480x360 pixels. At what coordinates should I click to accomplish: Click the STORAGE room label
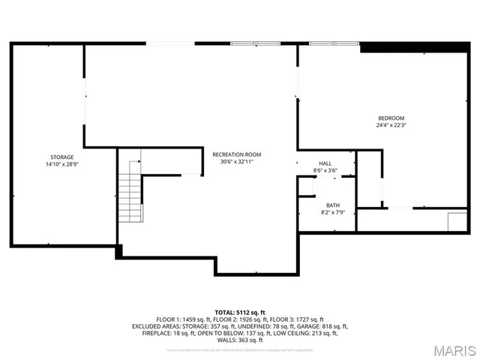point(62,157)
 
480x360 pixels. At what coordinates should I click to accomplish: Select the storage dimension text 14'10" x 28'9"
point(62,163)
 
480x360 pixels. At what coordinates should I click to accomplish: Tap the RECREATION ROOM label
point(237,154)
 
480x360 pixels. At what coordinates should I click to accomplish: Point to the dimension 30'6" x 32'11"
point(237,161)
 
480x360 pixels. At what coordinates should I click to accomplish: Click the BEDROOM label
point(391,118)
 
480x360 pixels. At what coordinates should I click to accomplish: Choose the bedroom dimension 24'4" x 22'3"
point(391,125)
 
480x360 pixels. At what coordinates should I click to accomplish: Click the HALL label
point(325,163)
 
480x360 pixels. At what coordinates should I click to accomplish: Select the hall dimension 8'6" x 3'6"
point(325,170)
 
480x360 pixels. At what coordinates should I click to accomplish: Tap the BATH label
point(332,205)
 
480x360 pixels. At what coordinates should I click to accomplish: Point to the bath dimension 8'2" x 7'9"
point(332,212)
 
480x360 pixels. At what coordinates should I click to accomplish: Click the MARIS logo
point(448,350)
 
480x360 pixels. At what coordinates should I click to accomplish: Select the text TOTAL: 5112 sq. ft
point(240,312)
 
